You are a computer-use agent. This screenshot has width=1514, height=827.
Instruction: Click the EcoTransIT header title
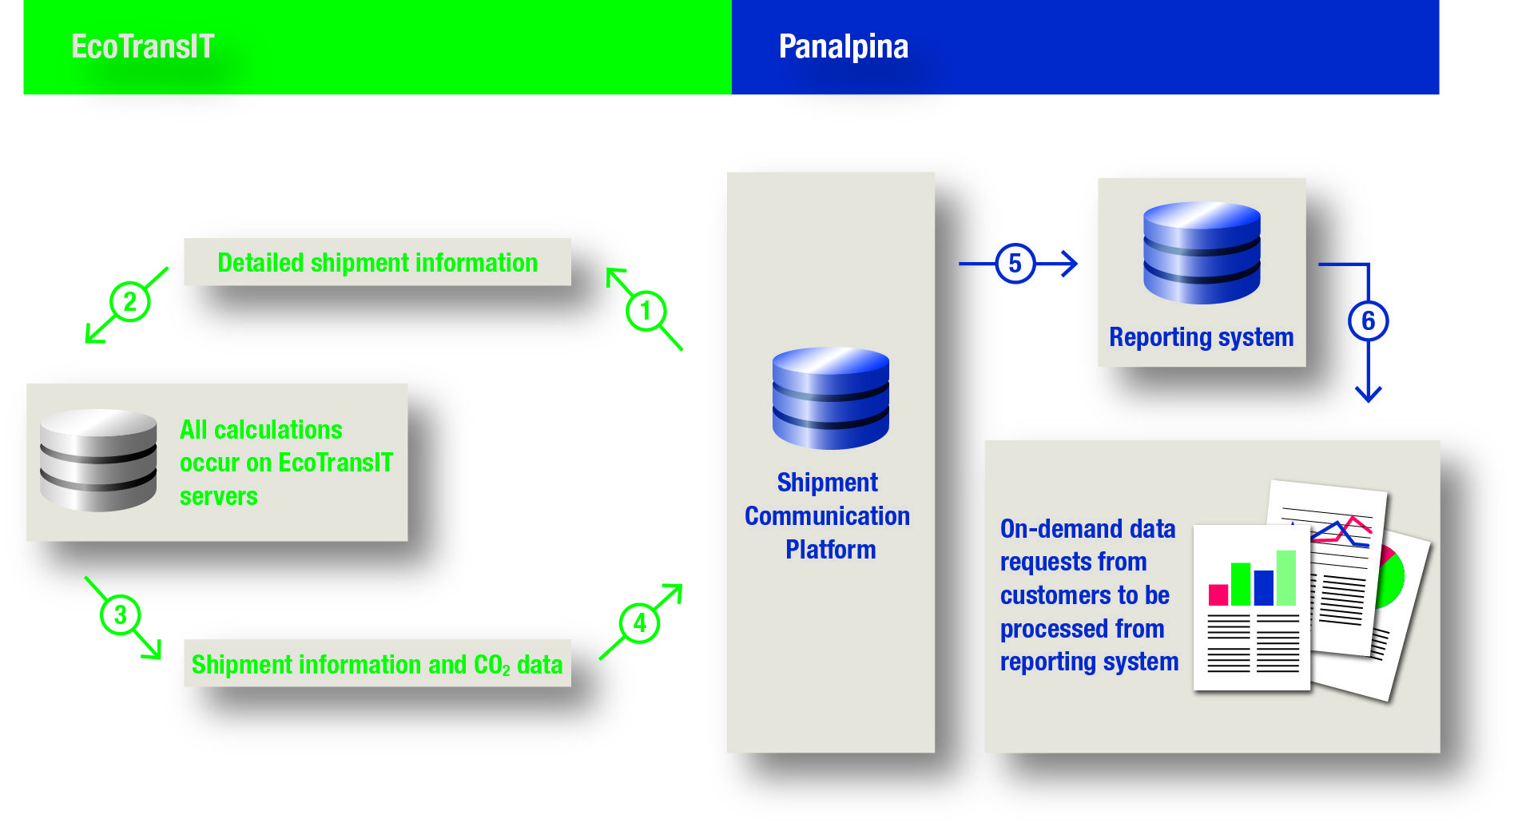click(x=142, y=46)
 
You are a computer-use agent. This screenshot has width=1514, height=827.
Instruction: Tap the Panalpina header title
click(x=843, y=46)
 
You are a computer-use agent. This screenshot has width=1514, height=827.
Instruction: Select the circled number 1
click(x=646, y=310)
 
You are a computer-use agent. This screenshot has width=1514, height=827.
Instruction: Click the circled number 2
click(x=129, y=302)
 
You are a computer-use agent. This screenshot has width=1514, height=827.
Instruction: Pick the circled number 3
click(x=120, y=614)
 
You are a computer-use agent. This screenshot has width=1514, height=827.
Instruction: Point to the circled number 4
click(x=639, y=623)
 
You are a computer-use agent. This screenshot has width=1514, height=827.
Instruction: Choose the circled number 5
click(x=1015, y=264)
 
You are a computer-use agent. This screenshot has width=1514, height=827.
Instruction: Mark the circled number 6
click(x=1368, y=321)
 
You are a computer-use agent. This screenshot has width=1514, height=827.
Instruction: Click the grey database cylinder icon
click(x=98, y=460)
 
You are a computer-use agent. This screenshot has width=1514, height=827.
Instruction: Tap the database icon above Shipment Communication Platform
click(x=830, y=397)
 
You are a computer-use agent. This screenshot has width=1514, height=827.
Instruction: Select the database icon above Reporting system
click(x=1201, y=252)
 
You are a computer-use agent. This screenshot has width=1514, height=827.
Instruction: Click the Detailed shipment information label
click(x=377, y=263)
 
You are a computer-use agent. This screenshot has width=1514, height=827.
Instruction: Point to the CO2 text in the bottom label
click(x=491, y=665)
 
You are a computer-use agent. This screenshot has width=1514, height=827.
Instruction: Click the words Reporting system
click(x=1201, y=337)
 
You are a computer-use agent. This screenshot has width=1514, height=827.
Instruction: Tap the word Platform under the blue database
click(x=830, y=550)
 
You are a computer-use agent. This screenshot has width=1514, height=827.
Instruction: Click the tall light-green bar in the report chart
click(x=1286, y=578)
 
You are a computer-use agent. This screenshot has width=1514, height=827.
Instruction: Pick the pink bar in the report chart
click(x=1218, y=594)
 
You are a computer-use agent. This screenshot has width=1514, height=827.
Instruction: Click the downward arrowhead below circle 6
click(x=1368, y=393)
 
